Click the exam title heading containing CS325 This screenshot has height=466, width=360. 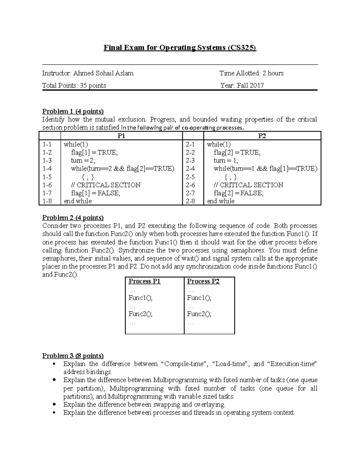pos(180,48)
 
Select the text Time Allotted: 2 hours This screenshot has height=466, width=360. pos(251,73)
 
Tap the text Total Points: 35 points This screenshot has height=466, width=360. pos(74,86)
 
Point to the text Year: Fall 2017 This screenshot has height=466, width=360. pos(242,86)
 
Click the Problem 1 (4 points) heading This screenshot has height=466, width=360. pos(73,111)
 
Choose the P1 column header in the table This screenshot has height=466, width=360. pos(121,136)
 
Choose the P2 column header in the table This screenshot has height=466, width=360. pos(262,136)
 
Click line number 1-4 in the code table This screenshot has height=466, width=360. pos(47,169)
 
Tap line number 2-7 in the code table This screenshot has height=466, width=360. pos(190,193)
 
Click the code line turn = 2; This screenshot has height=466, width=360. pos(83,161)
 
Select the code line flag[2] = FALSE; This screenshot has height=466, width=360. pos(238,193)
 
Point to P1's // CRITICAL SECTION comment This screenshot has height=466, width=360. pos(106,185)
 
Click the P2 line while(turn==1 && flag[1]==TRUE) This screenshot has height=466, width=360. pos(265,169)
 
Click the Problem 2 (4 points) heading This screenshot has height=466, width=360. pos(73,218)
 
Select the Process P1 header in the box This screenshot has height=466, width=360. pos(145,281)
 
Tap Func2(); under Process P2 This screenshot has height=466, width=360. pos(199,314)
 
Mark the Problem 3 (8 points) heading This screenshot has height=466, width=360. pos(73,356)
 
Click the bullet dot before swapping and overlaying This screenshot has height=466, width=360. pos(54,404)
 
